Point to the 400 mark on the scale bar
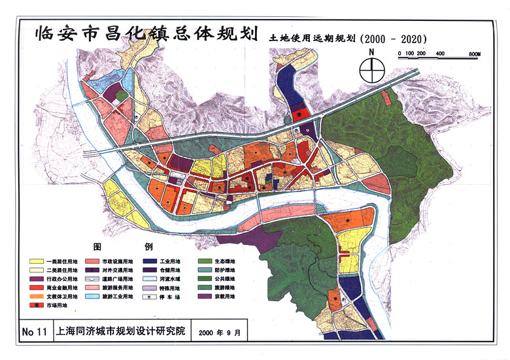tap(440, 53)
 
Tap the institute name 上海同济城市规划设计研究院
tap(121, 332)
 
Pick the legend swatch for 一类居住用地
tap(37, 261)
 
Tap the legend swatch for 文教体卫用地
tap(37, 296)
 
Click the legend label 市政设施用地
tap(117, 261)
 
